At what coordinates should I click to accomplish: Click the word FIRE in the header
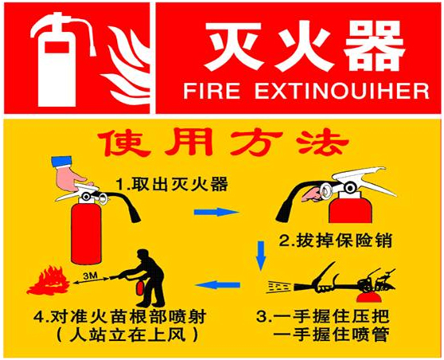(211, 91)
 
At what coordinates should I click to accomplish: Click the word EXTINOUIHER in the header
(342, 91)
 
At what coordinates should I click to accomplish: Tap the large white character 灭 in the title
(233, 45)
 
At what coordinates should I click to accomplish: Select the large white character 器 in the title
(374, 45)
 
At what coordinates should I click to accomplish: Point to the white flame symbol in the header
(127, 62)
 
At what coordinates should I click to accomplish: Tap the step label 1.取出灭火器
(172, 184)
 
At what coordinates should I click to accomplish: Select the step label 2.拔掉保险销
(336, 241)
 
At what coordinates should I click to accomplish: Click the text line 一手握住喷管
(331, 335)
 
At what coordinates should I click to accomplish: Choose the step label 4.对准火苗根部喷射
(119, 316)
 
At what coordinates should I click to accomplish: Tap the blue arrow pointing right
(216, 212)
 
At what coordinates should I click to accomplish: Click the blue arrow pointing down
(261, 256)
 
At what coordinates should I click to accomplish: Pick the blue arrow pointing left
(217, 284)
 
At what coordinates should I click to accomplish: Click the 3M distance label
(91, 276)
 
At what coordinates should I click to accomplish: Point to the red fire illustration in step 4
(48, 280)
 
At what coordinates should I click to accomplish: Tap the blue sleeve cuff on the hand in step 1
(61, 161)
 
